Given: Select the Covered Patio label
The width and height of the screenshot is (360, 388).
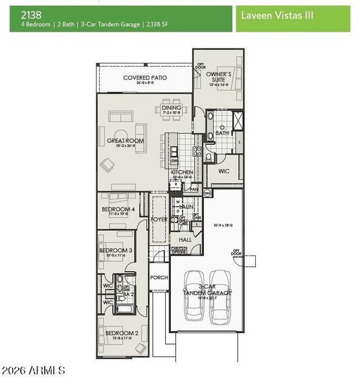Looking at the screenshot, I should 145,78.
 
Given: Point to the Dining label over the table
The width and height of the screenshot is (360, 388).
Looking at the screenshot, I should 172,108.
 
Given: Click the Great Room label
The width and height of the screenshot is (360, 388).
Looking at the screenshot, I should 125,140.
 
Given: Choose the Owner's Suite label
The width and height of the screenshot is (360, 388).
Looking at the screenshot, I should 218,77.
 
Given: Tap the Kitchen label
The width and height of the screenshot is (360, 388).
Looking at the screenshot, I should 182,173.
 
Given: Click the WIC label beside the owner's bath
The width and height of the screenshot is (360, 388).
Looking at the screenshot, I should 224,172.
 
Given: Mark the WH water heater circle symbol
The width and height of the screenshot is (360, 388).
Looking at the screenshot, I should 207,193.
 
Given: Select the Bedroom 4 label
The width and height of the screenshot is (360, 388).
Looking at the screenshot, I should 118,210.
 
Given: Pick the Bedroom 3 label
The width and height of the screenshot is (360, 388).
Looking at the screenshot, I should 115,250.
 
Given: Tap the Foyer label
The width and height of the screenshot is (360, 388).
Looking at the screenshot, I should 159,220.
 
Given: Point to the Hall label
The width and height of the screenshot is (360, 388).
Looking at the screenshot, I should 185,239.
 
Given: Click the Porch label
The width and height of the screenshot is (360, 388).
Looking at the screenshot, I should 159,277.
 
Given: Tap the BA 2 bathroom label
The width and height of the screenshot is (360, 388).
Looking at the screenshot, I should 128,294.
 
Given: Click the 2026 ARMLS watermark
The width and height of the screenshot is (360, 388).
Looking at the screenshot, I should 34,371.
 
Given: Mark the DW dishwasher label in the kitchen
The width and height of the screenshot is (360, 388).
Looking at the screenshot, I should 175,161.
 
